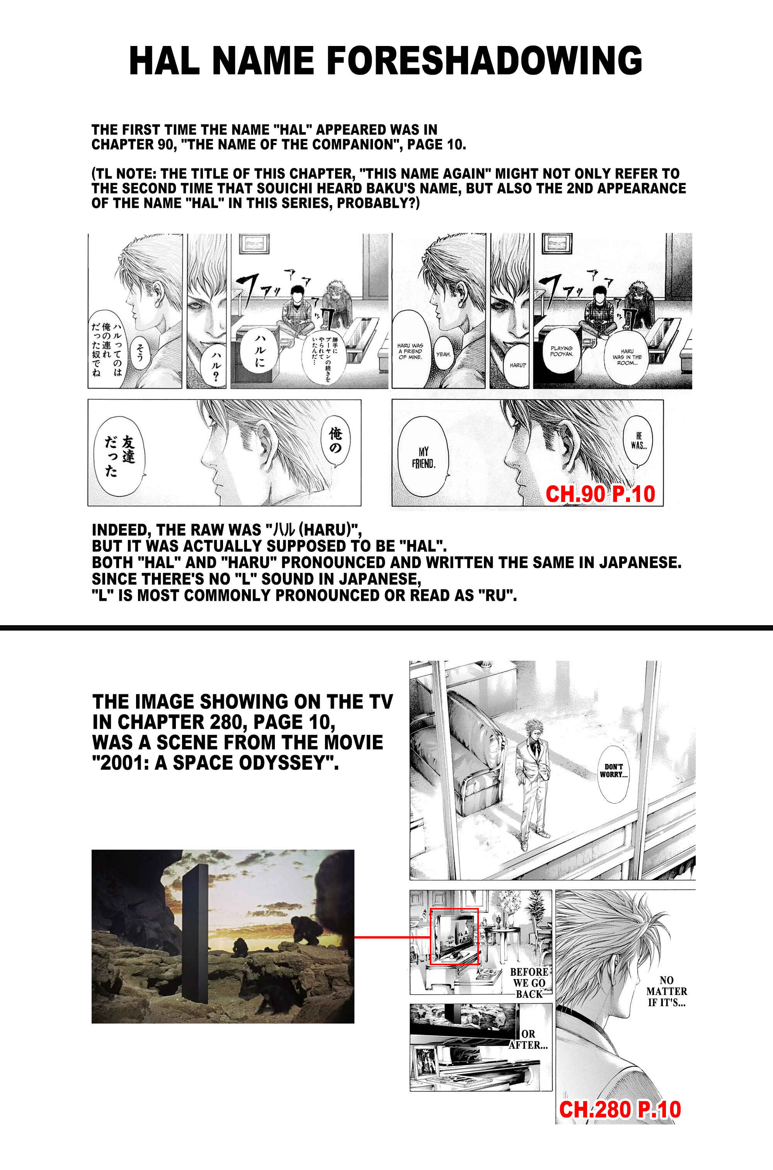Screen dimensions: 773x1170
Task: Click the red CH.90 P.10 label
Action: [x=600, y=494]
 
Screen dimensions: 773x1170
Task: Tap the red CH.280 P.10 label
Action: [x=620, y=1109]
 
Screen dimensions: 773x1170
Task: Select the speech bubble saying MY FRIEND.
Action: [x=423, y=457]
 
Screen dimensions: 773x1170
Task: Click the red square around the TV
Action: [x=454, y=936]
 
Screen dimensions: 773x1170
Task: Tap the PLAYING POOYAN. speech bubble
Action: [x=561, y=350]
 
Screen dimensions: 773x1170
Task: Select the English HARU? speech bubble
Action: [x=518, y=365]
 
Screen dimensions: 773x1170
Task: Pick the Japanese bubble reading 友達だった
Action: [x=119, y=456]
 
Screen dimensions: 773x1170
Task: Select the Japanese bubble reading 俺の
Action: [x=335, y=440]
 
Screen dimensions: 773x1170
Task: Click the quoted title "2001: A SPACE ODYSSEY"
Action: [x=215, y=763]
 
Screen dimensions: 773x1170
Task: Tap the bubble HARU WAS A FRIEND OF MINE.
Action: [x=410, y=351]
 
